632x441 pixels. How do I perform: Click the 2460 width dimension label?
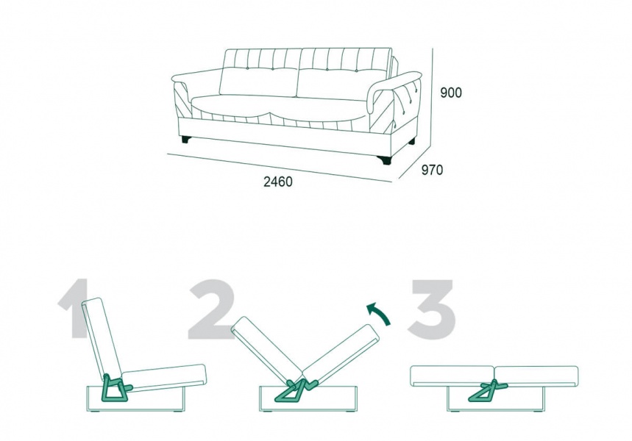click(278, 182)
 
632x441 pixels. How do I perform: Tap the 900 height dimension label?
click(451, 93)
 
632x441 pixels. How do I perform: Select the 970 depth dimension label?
click(432, 170)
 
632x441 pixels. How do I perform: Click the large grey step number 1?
click(74, 309)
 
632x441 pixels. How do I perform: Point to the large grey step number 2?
click(211, 309)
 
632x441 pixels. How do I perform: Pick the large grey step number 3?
click(432, 309)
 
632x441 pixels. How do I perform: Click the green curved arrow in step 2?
click(378, 313)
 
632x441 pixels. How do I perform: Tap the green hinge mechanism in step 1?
click(116, 389)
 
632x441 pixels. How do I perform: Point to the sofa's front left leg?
click(186, 140)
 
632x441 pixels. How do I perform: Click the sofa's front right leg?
click(385, 160)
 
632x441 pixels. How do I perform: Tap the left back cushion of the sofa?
click(258, 82)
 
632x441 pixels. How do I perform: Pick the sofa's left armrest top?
click(196, 75)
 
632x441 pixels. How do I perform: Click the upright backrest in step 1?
click(102, 337)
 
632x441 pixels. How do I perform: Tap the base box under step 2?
click(308, 399)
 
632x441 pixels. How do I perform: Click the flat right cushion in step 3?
click(536, 376)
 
